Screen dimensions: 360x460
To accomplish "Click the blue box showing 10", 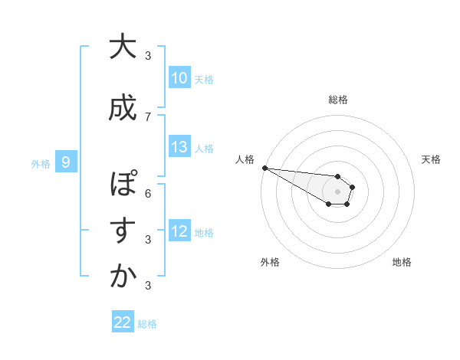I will pos(179,78).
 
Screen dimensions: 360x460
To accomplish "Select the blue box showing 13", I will pos(179,148).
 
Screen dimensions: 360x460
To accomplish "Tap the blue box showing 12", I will pos(179,232).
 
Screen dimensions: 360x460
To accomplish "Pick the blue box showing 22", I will pos(123,323).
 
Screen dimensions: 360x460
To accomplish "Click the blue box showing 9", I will pos(66,162).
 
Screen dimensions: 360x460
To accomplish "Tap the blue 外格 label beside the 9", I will pos(40,163).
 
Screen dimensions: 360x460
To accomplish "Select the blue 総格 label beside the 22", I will pos(147,324).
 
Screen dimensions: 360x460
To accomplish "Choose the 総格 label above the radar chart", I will pos(337,100).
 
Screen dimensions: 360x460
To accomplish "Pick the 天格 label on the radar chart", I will pos(431,159).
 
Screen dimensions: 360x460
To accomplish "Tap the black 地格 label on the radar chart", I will pos(402,262).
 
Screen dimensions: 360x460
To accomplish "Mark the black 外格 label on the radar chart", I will pos(270,262).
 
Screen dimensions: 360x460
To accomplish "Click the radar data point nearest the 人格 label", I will pos(264,168).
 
